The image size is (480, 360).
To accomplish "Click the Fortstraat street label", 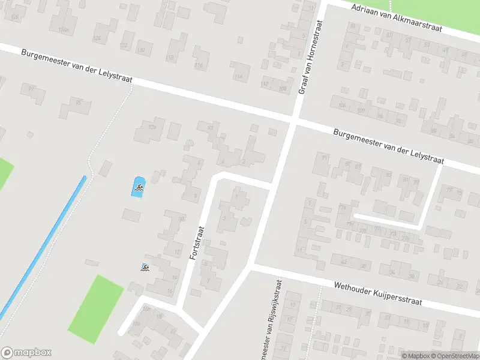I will click(197, 242).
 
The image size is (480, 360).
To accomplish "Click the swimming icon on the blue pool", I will click(139, 188).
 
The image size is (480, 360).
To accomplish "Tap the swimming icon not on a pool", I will click(145, 268).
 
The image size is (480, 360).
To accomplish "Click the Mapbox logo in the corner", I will click(26, 352).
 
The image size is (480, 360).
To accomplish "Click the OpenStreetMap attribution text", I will click(455, 356).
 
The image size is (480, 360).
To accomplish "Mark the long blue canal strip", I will click(42, 246).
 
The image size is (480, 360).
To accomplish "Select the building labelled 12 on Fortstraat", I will click(176, 251).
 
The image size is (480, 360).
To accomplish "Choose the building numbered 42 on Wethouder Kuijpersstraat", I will click(343, 262).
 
